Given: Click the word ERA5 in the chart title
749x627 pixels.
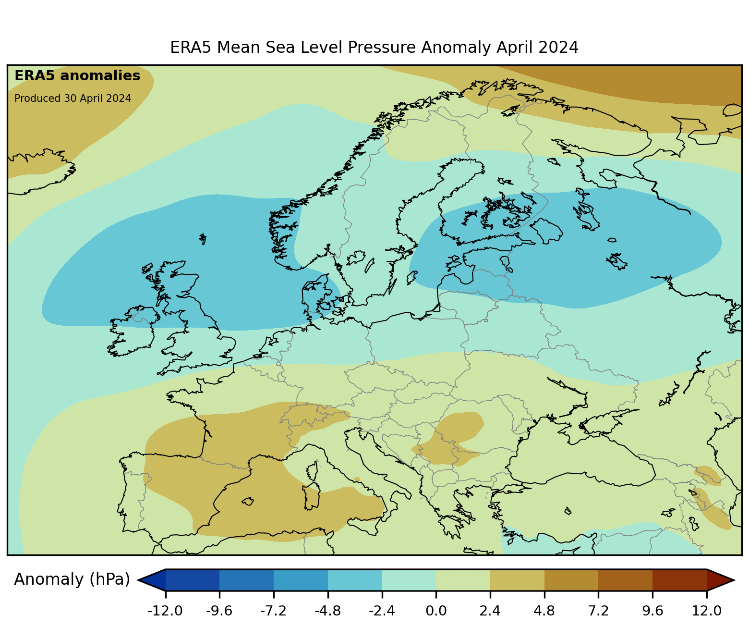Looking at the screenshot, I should click(191, 48).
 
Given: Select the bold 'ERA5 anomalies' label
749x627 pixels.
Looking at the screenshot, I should click(77, 76).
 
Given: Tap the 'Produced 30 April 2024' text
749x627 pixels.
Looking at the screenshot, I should click(72, 98).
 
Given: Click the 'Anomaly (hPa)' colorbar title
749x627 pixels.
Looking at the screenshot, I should click(72, 579).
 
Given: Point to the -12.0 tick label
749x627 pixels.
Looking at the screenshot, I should click(166, 611).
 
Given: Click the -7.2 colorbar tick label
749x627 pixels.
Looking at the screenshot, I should click(274, 611).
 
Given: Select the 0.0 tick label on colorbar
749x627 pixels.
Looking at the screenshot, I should click(436, 611).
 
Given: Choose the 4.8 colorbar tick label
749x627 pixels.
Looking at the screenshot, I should click(544, 611).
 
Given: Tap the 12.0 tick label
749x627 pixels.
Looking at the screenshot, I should click(707, 611).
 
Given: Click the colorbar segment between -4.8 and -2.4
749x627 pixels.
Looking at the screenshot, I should click(355, 580).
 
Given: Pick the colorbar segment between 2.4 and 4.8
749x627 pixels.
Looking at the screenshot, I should click(517, 580).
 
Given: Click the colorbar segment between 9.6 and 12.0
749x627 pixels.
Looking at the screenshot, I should click(679, 580).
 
